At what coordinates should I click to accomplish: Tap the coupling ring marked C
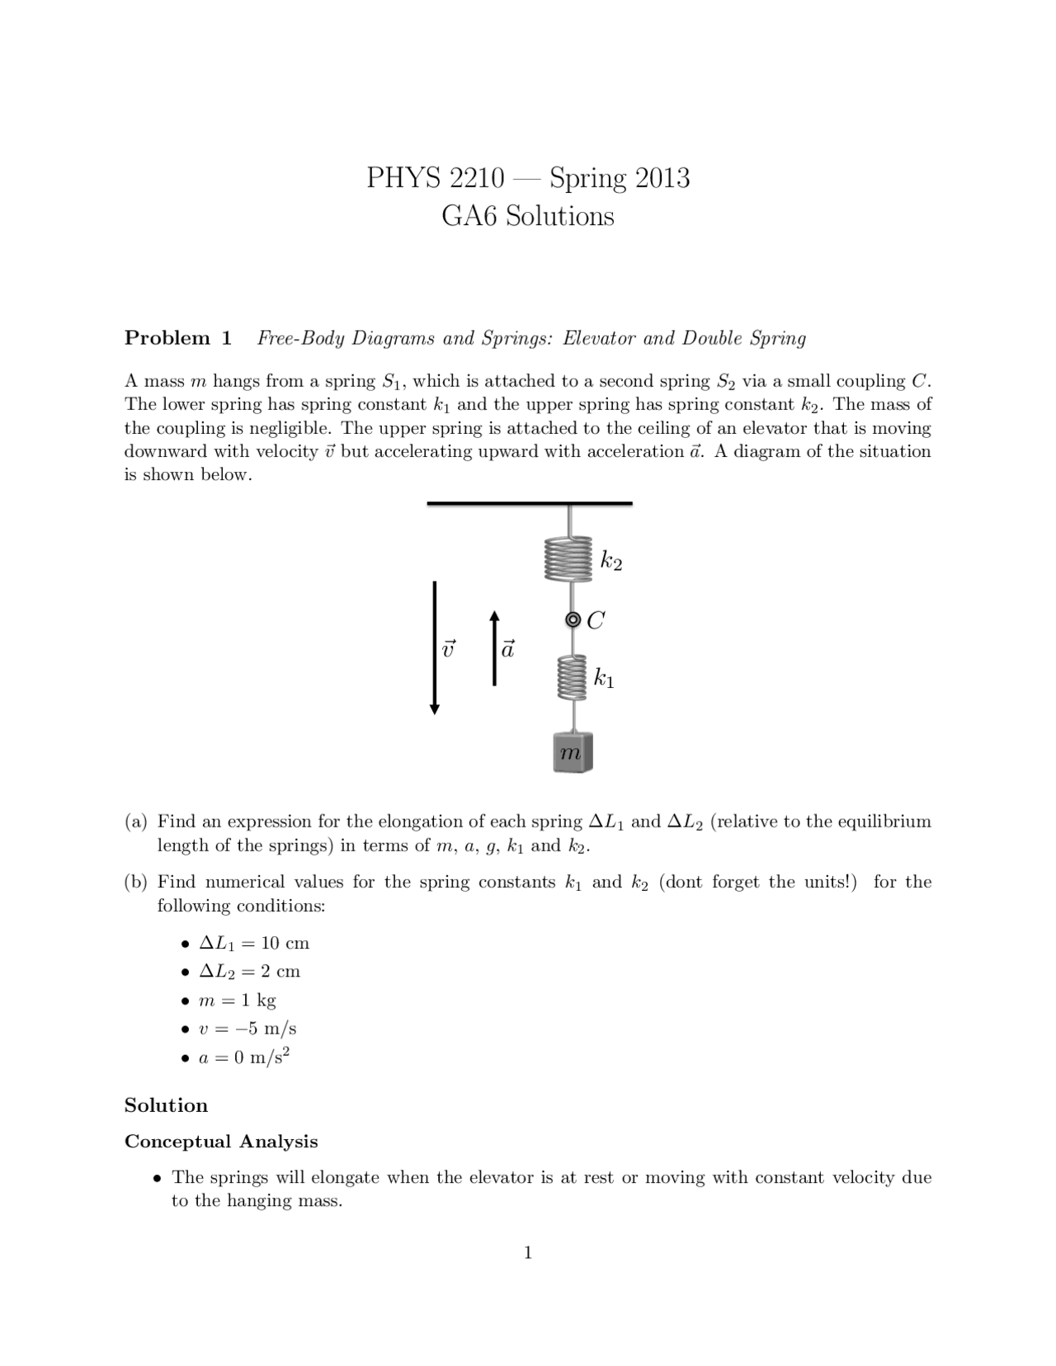573,620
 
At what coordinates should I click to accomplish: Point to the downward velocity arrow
435,648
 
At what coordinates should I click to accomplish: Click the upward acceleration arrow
494,648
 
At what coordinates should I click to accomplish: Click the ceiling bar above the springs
529,502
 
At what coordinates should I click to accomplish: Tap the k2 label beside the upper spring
611,562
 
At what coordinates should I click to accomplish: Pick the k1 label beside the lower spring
604,679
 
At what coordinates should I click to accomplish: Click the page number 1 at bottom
528,1253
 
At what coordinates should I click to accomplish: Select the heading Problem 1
178,338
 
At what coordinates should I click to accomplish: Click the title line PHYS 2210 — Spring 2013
528,177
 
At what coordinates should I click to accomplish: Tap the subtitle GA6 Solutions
528,216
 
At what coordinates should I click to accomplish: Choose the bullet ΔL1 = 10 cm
254,943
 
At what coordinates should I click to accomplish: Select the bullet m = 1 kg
238,1000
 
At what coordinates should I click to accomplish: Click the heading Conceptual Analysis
221,1142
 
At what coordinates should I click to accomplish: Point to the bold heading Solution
166,1105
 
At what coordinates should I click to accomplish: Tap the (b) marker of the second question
136,882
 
